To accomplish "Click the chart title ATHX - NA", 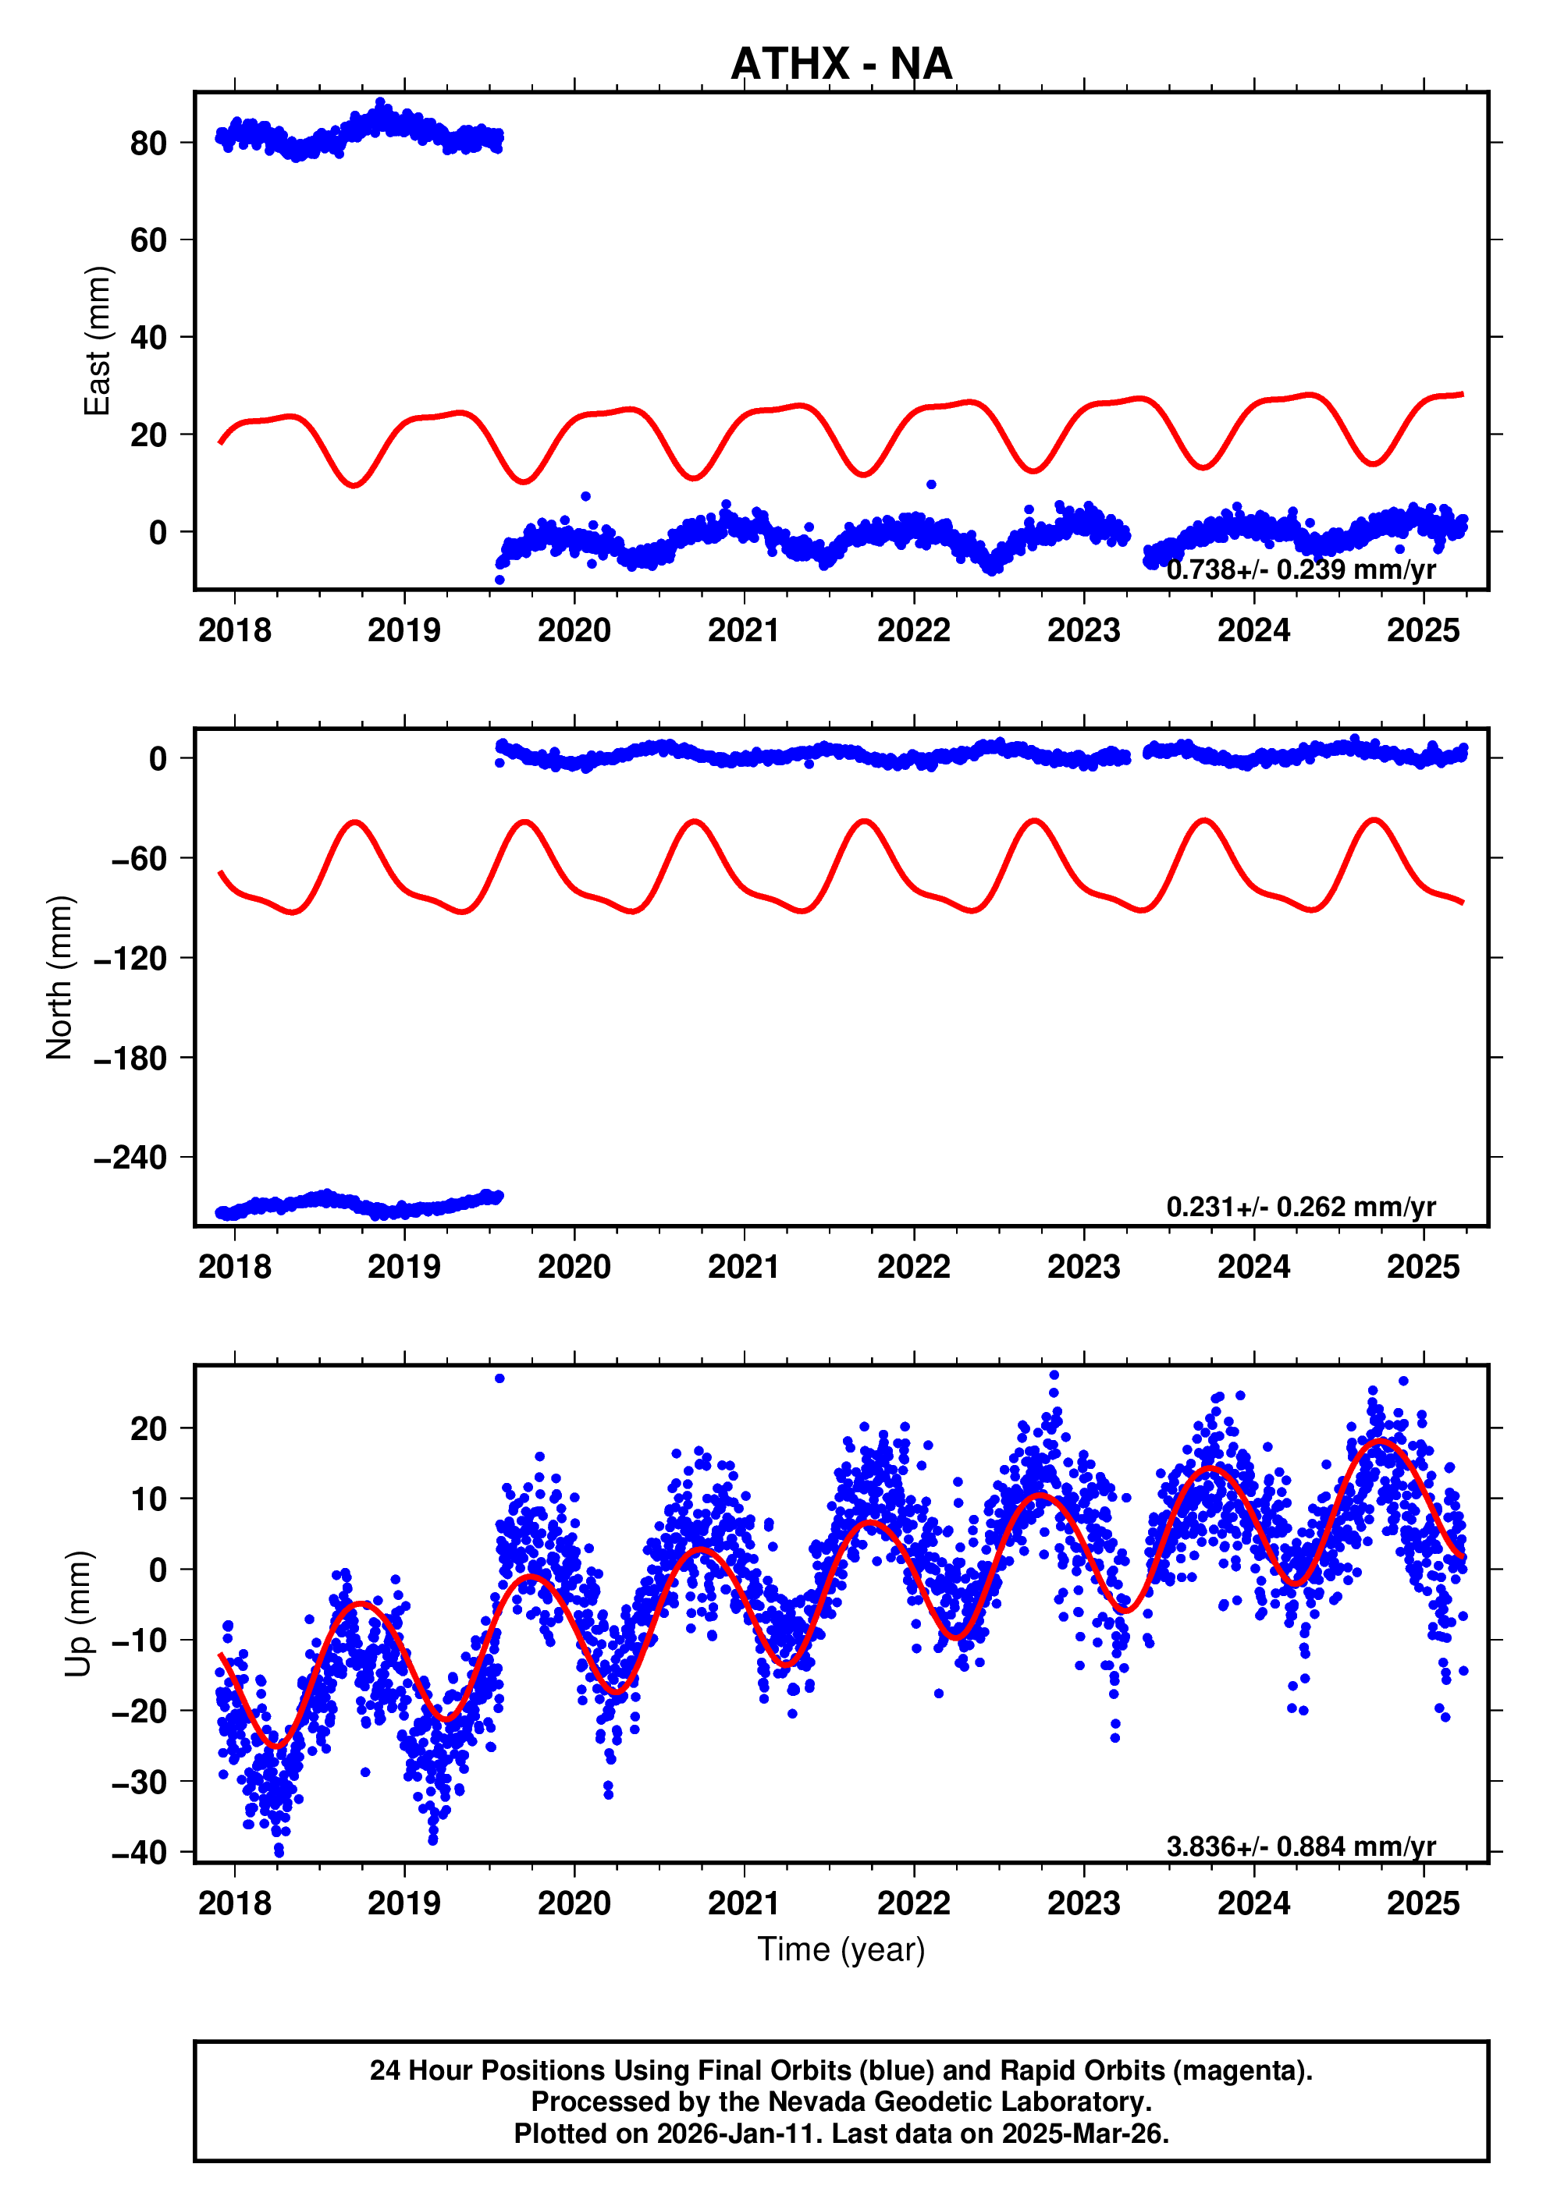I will pos(841,65).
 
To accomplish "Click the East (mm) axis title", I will pos(98,341).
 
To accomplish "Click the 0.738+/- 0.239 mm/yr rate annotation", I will pos(1301,569).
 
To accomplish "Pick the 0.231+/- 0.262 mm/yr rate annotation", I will pos(1301,1206).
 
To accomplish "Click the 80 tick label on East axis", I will pos(148,143).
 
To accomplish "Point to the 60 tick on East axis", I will pos(148,239).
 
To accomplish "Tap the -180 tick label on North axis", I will pos(131,1058).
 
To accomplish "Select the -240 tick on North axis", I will pos(131,1157).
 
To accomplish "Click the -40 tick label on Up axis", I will pos(140,1852).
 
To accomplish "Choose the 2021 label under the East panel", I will pos(745,630).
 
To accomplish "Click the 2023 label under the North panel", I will pos(1084,1267).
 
